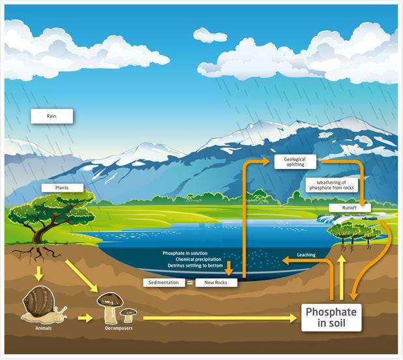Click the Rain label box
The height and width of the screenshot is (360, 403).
click(x=52, y=116)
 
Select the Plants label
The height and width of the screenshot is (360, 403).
click(x=62, y=188)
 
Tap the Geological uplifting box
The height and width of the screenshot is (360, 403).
click(x=295, y=162)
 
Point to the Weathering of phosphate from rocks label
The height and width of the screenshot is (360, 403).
click(x=331, y=185)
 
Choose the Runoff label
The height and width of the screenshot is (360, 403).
click(x=350, y=208)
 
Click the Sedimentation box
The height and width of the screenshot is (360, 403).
click(x=164, y=282)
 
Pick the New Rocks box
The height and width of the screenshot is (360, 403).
click(x=216, y=282)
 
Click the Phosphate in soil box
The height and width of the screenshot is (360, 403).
click(x=331, y=318)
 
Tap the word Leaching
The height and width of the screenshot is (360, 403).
click(x=306, y=255)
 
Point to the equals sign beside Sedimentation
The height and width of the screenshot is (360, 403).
click(x=190, y=283)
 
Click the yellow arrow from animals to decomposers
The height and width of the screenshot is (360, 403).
click(x=85, y=318)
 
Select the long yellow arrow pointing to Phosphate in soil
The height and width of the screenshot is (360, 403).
click(x=220, y=318)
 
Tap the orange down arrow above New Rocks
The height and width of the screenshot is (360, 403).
click(x=229, y=269)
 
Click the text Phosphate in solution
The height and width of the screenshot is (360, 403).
click(x=185, y=253)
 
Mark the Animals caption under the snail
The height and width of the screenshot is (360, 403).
click(x=44, y=328)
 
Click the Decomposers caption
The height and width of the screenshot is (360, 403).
click(x=119, y=328)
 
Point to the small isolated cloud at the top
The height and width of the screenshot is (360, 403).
click(x=210, y=35)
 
